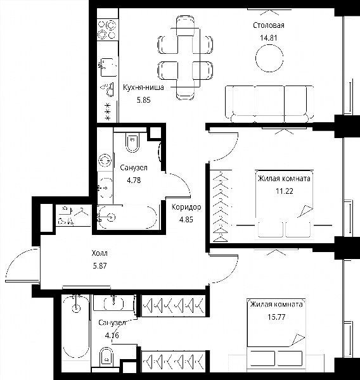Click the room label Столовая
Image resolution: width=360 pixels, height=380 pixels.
268,25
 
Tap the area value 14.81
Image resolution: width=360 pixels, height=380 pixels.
268,38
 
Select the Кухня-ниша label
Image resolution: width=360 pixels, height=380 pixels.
143,87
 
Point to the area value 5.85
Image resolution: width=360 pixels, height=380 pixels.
144,100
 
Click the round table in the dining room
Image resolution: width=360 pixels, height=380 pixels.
269,58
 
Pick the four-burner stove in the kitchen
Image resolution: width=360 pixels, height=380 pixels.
108,30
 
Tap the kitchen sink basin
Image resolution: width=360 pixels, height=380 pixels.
108,66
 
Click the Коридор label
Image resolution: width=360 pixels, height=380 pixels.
186,207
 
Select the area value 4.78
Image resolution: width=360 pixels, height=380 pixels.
134,180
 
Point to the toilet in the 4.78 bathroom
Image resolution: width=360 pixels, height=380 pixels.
132,142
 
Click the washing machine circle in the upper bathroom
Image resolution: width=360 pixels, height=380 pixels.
105,161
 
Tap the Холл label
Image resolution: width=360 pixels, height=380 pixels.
100,253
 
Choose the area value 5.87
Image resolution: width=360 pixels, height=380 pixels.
100,266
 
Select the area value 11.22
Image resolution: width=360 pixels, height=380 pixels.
285,191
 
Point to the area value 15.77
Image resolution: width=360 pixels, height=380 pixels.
276,317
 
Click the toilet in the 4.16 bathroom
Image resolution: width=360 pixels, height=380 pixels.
106,357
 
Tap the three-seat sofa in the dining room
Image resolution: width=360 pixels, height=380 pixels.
269,104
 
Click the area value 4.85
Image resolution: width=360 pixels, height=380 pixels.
186,220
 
